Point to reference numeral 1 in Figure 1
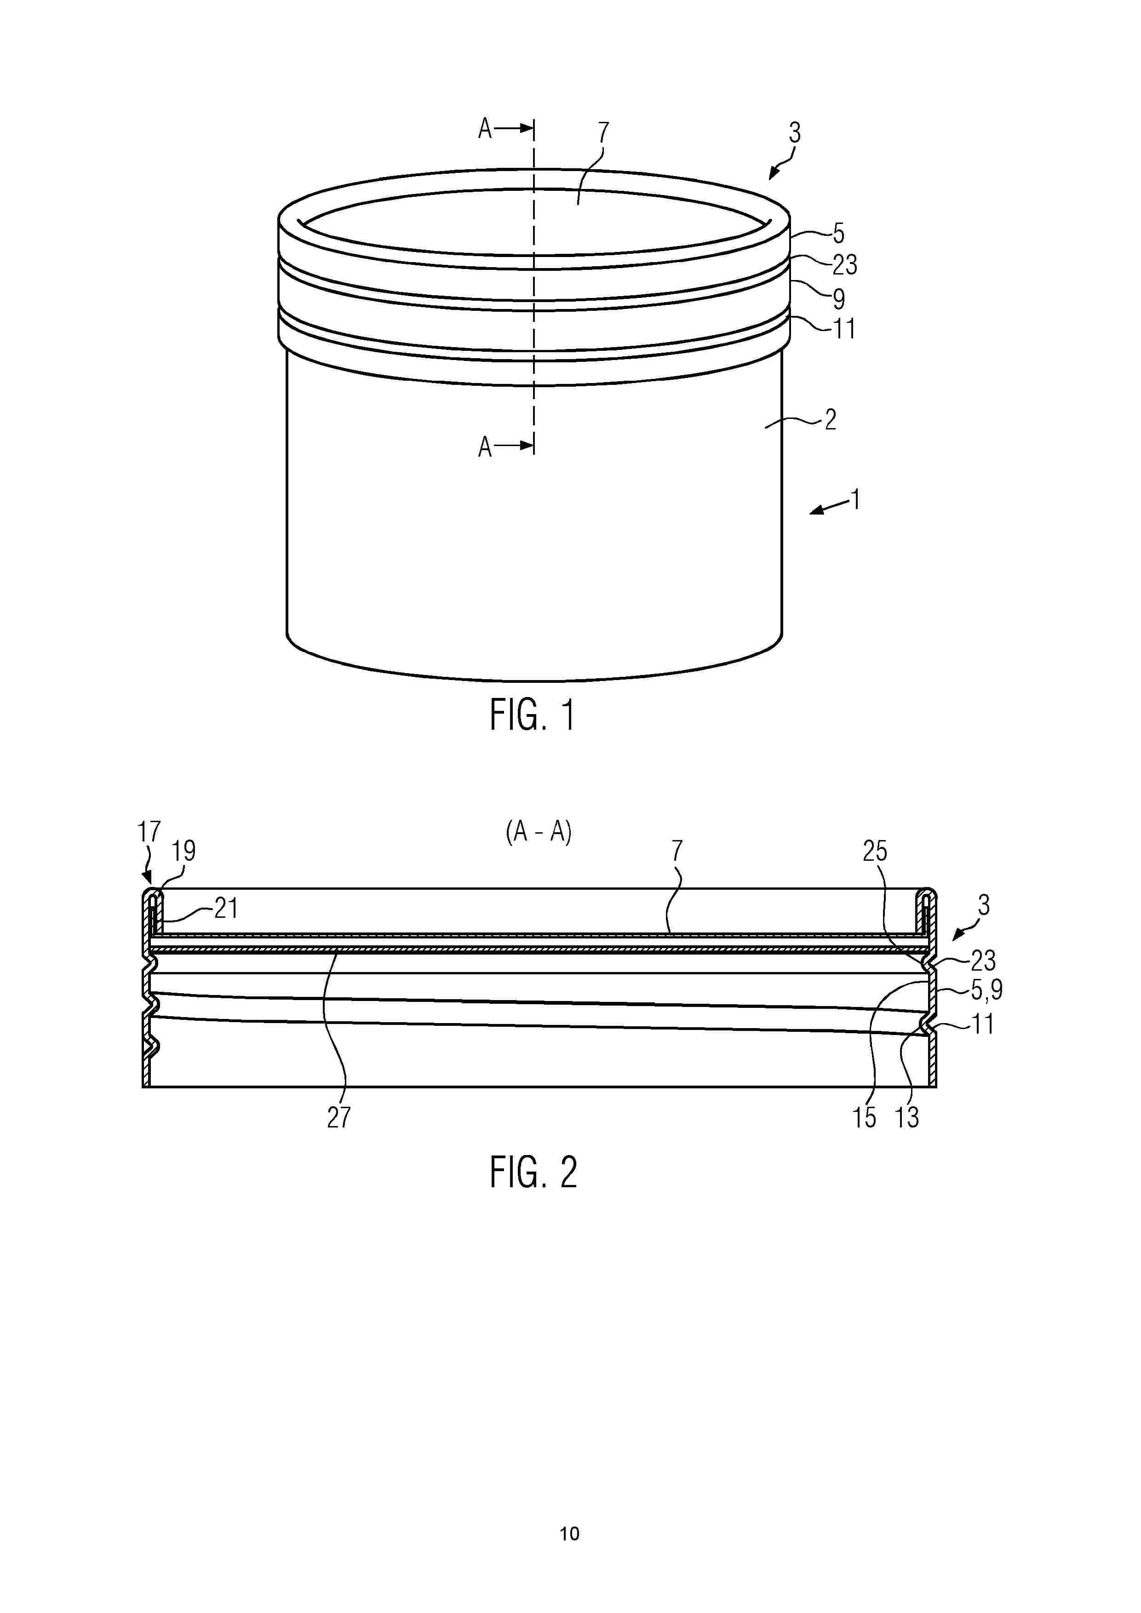point(855,499)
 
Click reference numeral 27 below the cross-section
point(338,1118)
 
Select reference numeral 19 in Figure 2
point(183,852)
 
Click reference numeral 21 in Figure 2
point(226,909)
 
